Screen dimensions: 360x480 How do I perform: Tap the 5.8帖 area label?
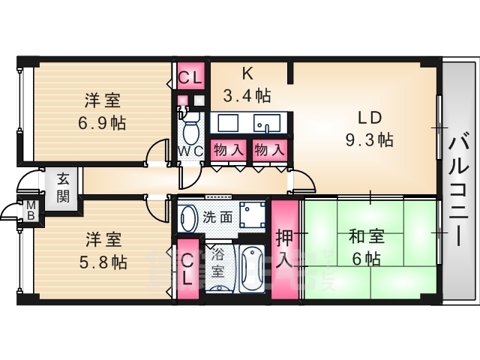point(104,262)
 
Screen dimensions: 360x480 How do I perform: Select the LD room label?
point(369,118)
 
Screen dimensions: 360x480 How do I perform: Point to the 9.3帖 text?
point(369,139)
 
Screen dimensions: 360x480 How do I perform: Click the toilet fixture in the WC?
point(190,130)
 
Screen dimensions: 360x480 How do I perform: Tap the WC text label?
point(191,150)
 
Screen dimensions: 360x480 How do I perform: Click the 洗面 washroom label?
point(216,218)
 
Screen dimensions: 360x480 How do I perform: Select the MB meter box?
point(32,209)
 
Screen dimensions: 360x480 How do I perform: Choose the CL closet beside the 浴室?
point(188,268)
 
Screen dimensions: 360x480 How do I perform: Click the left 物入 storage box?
point(229,149)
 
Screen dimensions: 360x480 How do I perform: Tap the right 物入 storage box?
point(268,149)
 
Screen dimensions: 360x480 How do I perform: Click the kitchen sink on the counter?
point(267,122)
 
